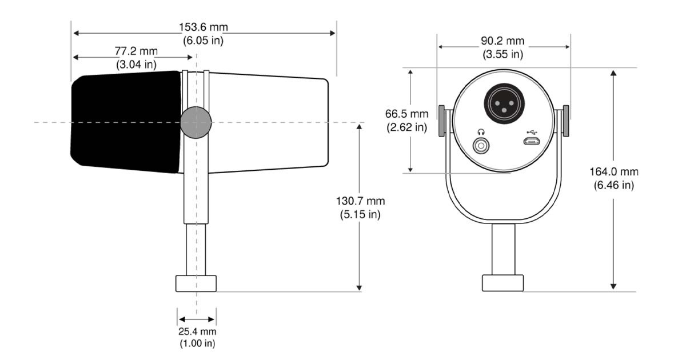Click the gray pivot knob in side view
[x=196, y=122]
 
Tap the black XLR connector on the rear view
[x=504, y=104]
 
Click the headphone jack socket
[x=481, y=145]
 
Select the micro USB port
[x=532, y=142]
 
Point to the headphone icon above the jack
[x=481, y=132]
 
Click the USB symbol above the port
[x=532, y=132]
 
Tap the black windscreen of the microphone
[x=126, y=122]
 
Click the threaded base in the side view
[x=196, y=283]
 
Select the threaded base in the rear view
[x=503, y=283]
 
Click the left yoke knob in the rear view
[x=441, y=121]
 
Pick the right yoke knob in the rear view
[x=566, y=121]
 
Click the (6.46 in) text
[x=614, y=185]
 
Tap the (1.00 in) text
[x=198, y=343]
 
